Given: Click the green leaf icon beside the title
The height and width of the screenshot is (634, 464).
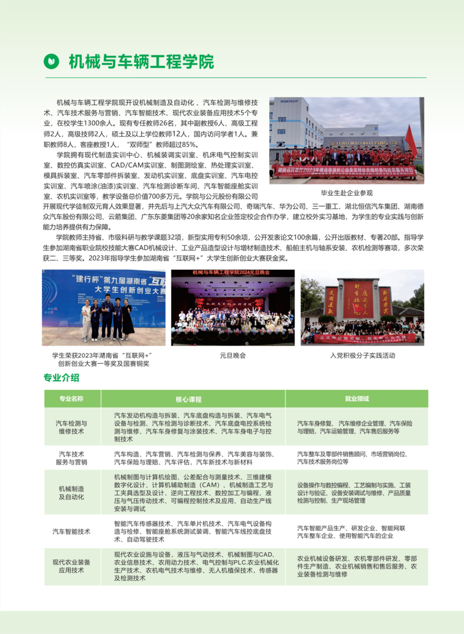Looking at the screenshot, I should pyautogui.click(x=52, y=60).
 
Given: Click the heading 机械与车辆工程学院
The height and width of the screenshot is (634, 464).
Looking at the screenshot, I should pyautogui.click(x=141, y=61).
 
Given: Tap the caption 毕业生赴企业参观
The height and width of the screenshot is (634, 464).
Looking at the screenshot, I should pyautogui.click(x=347, y=193).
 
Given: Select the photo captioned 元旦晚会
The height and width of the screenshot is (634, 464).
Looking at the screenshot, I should pyautogui.click(x=232, y=307).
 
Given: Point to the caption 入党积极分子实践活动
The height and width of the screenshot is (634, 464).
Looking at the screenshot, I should pyautogui.click(x=362, y=355).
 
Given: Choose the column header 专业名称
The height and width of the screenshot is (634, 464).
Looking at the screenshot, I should pyautogui.click(x=71, y=398).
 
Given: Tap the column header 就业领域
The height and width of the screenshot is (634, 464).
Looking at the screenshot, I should pyautogui.click(x=357, y=398).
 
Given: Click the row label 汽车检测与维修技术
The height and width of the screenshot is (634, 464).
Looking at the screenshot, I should pyautogui.click(x=71, y=428).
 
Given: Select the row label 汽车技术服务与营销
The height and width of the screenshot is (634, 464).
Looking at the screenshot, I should pyautogui.click(x=71, y=458).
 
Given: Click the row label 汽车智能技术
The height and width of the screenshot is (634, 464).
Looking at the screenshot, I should pyautogui.click(x=71, y=531).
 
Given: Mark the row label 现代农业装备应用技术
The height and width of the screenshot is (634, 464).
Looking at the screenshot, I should pyautogui.click(x=71, y=566).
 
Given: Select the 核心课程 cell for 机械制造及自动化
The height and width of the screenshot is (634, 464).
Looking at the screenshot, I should pyautogui.click(x=193, y=492).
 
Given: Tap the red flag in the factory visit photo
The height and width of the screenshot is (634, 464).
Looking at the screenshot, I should pyautogui.click(x=411, y=139).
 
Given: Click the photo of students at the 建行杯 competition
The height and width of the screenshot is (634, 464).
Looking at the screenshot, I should pyautogui.click(x=103, y=307).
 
